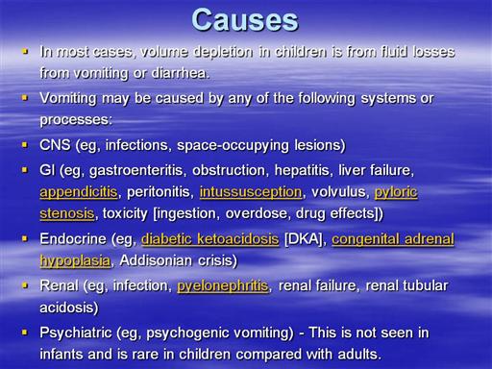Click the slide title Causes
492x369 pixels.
point(245,20)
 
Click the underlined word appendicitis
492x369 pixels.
point(79,192)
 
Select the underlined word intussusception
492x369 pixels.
point(251,192)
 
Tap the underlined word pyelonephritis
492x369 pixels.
point(223,285)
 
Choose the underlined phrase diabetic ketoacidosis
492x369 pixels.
point(210,239)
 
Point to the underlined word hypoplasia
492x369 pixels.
point(75,260)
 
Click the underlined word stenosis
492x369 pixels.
point(67,213)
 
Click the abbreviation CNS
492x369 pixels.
point(55,145)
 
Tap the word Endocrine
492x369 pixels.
point(73,239)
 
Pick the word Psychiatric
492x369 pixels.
point(76,332)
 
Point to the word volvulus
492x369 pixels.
point(339,192)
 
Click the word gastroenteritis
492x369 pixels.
point(137,170)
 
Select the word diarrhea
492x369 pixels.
point(181,73)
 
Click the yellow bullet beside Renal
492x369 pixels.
point(25,285)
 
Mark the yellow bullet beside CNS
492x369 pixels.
point(25,145)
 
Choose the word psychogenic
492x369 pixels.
point(186,333)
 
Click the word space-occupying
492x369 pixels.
point(233,145)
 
